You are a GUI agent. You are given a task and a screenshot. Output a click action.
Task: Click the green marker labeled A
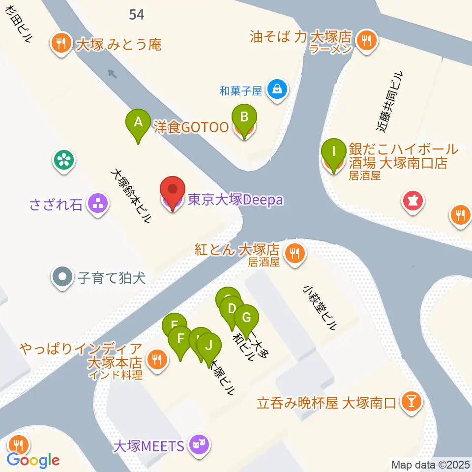tap(138, 122)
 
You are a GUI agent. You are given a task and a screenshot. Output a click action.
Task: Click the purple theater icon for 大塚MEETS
tap(200, 445)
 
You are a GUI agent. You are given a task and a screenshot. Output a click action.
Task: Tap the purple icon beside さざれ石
tap(97, 205)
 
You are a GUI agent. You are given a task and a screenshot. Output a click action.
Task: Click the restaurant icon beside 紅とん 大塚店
tap(295, 254)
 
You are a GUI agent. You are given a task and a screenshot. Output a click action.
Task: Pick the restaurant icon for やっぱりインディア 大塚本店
tap(156, 360)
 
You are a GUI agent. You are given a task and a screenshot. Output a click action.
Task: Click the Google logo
tap(33, 460)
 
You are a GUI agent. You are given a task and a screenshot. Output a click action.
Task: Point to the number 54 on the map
tap(137, 15)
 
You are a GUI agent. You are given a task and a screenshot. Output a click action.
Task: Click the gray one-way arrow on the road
tap(113, 74)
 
